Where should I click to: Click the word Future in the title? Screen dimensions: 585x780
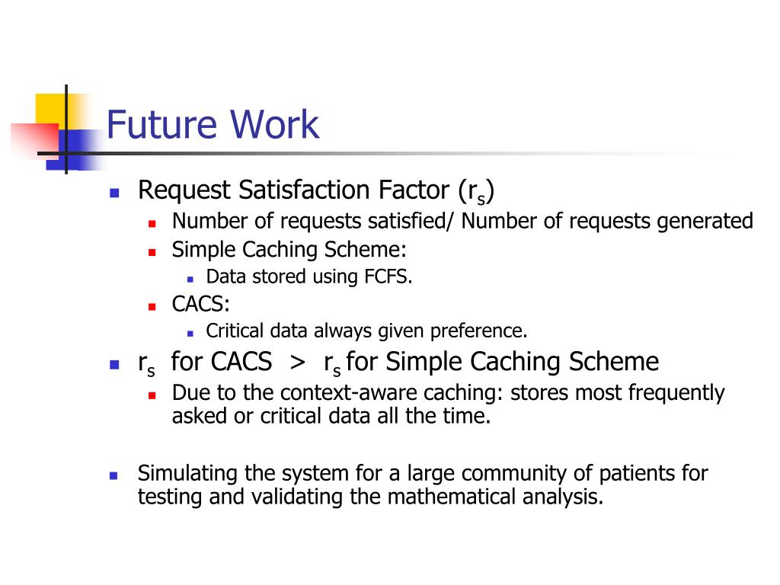coord(156,124)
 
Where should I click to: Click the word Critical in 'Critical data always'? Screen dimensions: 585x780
coord(235,331)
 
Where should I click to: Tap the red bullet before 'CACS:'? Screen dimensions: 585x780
coord(152,306)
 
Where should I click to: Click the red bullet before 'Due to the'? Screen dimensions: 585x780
coord(152,395)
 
